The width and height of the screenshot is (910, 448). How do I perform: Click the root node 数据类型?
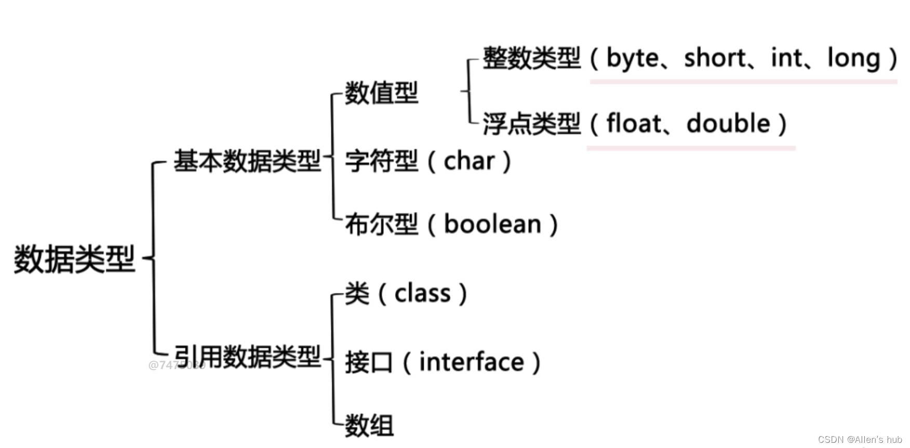(x=74, y=259)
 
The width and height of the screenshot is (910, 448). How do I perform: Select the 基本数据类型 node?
(x=247, y=161)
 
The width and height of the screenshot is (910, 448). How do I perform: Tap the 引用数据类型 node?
(x=247, y=357)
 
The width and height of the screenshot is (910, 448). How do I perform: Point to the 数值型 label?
(x=381, y=93)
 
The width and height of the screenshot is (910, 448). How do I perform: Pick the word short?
(x=715, y=58)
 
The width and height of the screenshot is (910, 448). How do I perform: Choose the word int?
(x=787, y=58)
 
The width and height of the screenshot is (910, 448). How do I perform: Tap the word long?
(x=853, y=58)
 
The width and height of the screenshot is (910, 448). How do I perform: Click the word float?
(x=634, y=124)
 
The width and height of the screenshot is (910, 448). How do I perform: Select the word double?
(x=728, y=124)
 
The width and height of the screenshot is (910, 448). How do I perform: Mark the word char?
(x=469, y=161)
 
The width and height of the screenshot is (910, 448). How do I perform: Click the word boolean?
(x=492, y=224)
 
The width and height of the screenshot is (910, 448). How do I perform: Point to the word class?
(x=422, y=293)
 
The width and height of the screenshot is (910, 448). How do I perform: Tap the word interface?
(x=472, y=362)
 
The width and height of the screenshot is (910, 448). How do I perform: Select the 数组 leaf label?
(x=369, y=426)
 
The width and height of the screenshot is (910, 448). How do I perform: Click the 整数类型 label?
(x=531, y=58)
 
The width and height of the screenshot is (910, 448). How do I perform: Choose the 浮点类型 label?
(x=531, y=124)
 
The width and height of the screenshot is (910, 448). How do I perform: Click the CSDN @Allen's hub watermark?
(x=860, y=439)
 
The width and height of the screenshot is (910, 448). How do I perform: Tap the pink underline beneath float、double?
(x=691, y=148)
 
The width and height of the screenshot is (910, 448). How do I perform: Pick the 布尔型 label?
(x=381, y=224)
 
